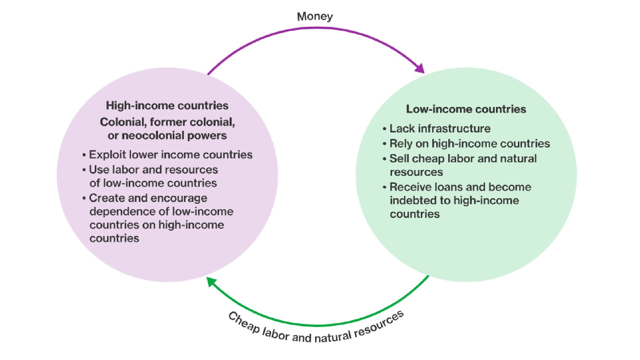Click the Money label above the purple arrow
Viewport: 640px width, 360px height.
(x=315, y=16)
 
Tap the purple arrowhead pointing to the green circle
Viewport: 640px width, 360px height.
(x=420, y=69)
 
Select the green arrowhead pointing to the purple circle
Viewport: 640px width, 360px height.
(x=211, y=281)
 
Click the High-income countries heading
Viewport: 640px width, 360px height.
(x=167, y=106)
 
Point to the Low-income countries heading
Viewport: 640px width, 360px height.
(x=466, y=109)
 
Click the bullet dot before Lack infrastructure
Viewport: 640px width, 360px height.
(x=385, y=129)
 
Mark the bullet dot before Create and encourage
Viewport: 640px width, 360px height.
(x=84, y=198)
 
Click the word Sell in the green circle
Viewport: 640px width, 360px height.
(x=399, y=159)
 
